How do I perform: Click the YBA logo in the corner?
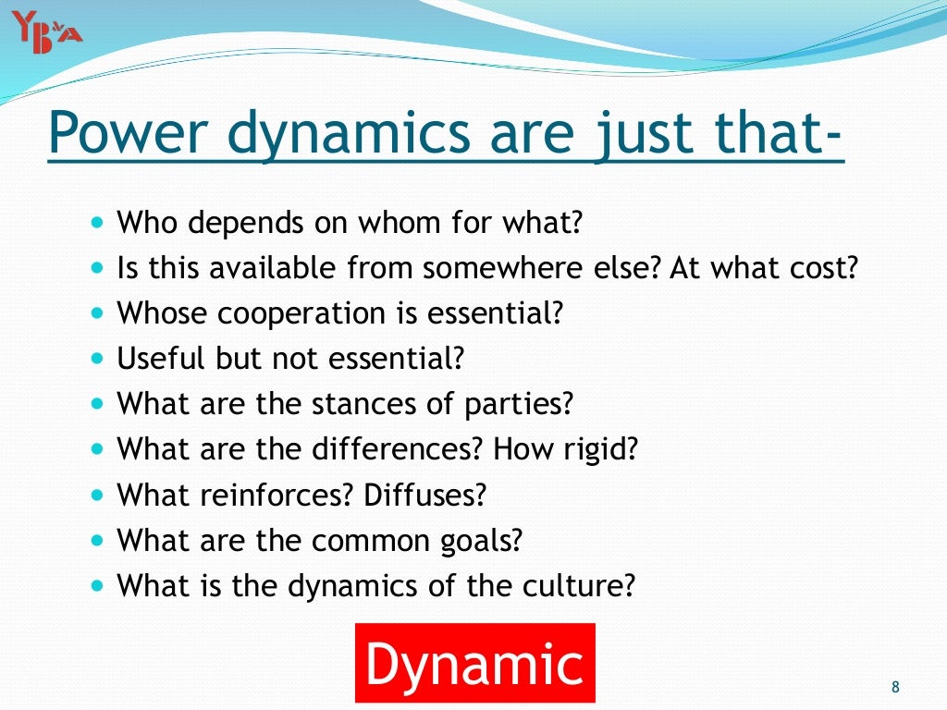(47, 31)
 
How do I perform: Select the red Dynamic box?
(475, 664)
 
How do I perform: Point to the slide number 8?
(894, 686)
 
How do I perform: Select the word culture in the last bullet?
(587, 585)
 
